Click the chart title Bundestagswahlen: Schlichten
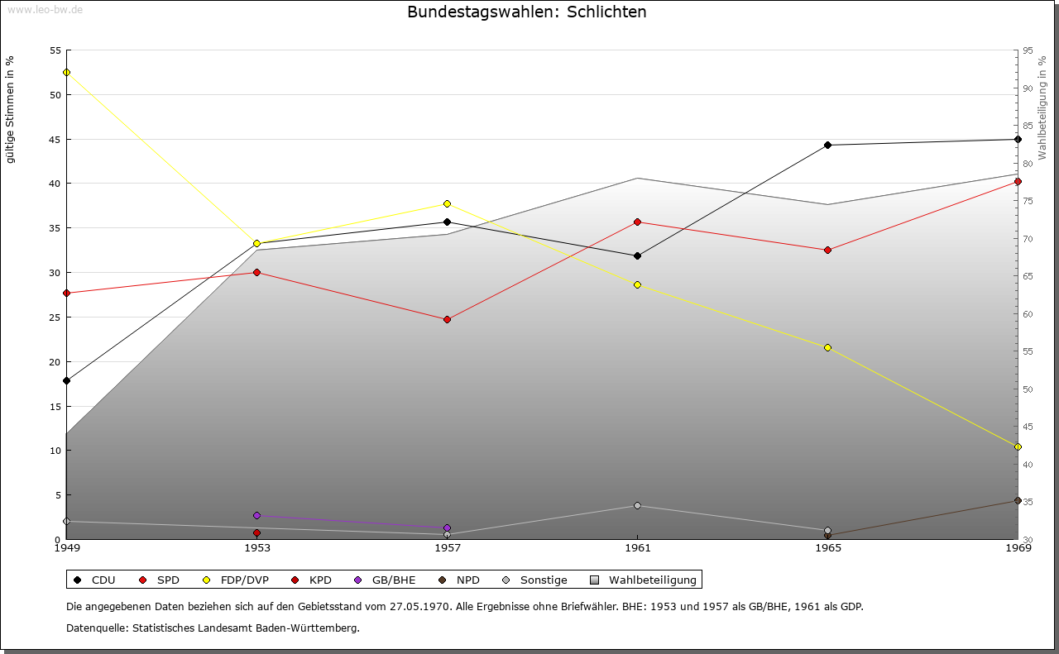(x=527, y=12)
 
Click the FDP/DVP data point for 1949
(x=66, y=72)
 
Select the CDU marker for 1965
(x=827, y=146)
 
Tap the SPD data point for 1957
(x=447, y=319)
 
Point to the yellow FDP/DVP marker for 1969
(x=1018, y=446)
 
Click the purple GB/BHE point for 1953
(x=256, y=516)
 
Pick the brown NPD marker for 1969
(x=1018, y=500)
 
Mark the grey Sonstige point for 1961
(x=637, y=505)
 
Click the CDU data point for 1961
(x=637, y=255)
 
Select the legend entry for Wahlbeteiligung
(x=645, y=580)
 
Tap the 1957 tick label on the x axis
(x=447, y=547)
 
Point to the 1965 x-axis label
(x=827, y=547)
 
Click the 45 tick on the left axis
(x=55, y=139)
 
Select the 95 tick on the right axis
(x=1028, y=50)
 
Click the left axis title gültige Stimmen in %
(x=11, y=109)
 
